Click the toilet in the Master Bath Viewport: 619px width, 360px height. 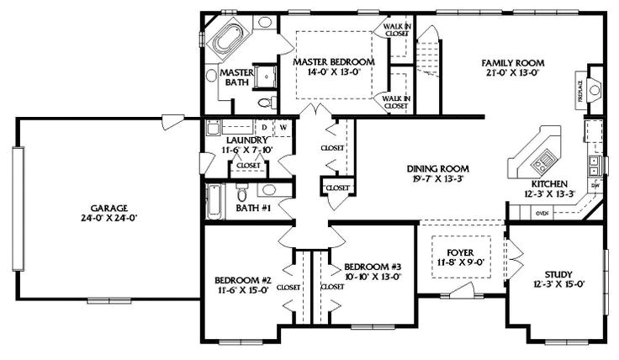tap(267, 103)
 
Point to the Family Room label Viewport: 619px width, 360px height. tap(512, 63)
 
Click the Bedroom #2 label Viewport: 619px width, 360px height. tap(240, 280)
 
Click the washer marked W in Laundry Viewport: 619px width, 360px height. tap(283, 128)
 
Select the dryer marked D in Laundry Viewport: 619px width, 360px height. tap(264, 128)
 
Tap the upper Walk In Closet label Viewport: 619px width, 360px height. tap(396, 31)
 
